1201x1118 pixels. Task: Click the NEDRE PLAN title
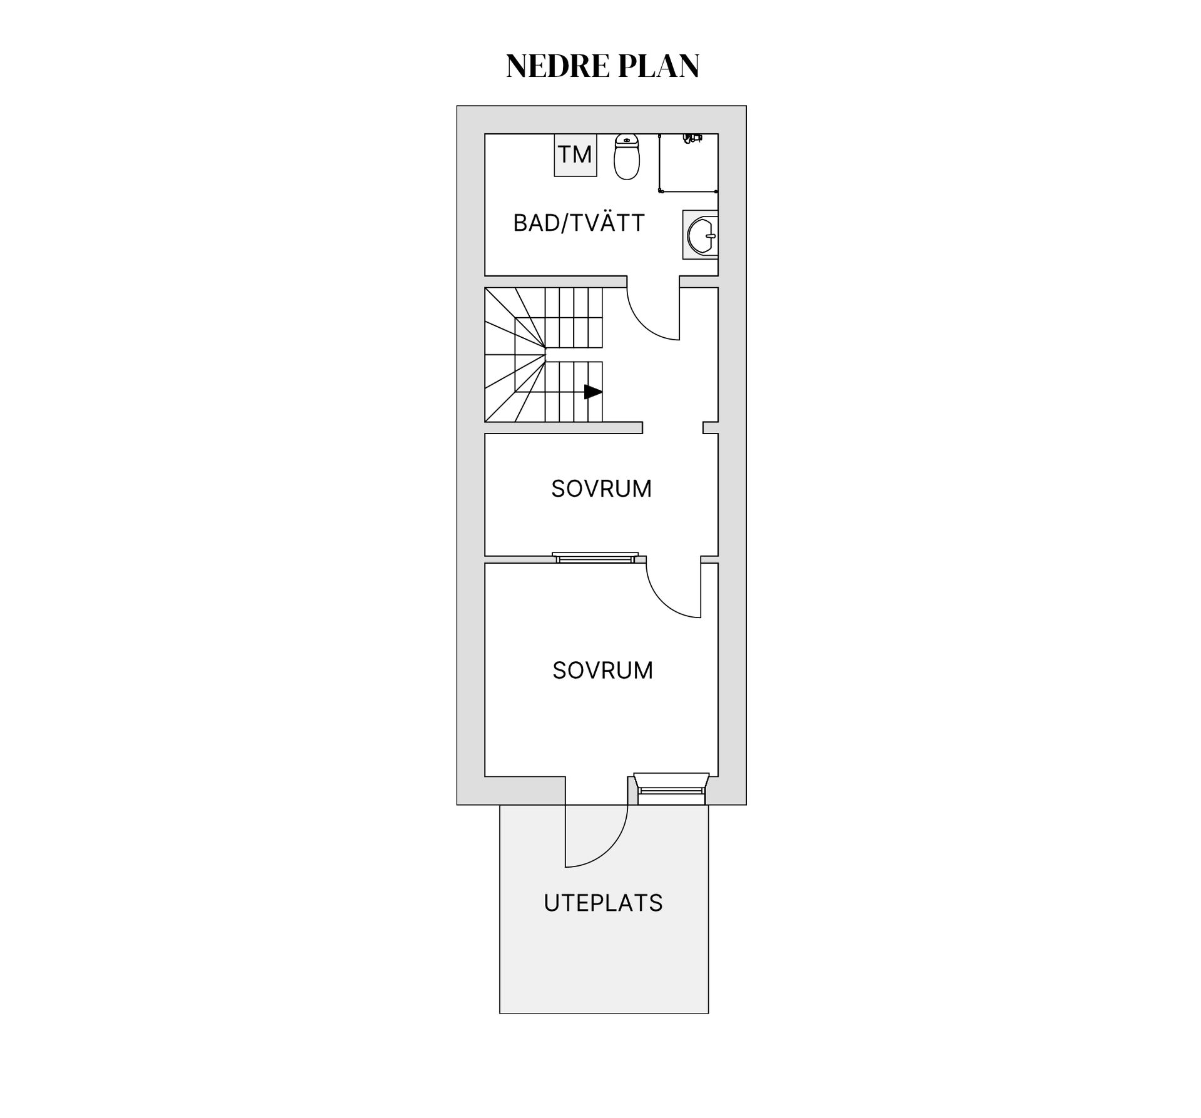pos(602,66)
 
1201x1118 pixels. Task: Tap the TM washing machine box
pos(575,155)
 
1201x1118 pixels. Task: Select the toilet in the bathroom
pos(627,156)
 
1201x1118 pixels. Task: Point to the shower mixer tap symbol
pos(692,138)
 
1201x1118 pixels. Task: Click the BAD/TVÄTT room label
pos(579,223)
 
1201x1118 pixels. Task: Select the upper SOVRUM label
pos(601,489)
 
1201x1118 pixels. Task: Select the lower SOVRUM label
pos(602,671)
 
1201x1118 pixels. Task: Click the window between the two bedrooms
pos(595,557)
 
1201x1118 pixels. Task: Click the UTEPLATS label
pos(603,903)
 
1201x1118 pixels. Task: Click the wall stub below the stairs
pos(564,427)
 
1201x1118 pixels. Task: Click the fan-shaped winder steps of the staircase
pos(515,355)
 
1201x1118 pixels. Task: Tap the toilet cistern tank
pos(627,140)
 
